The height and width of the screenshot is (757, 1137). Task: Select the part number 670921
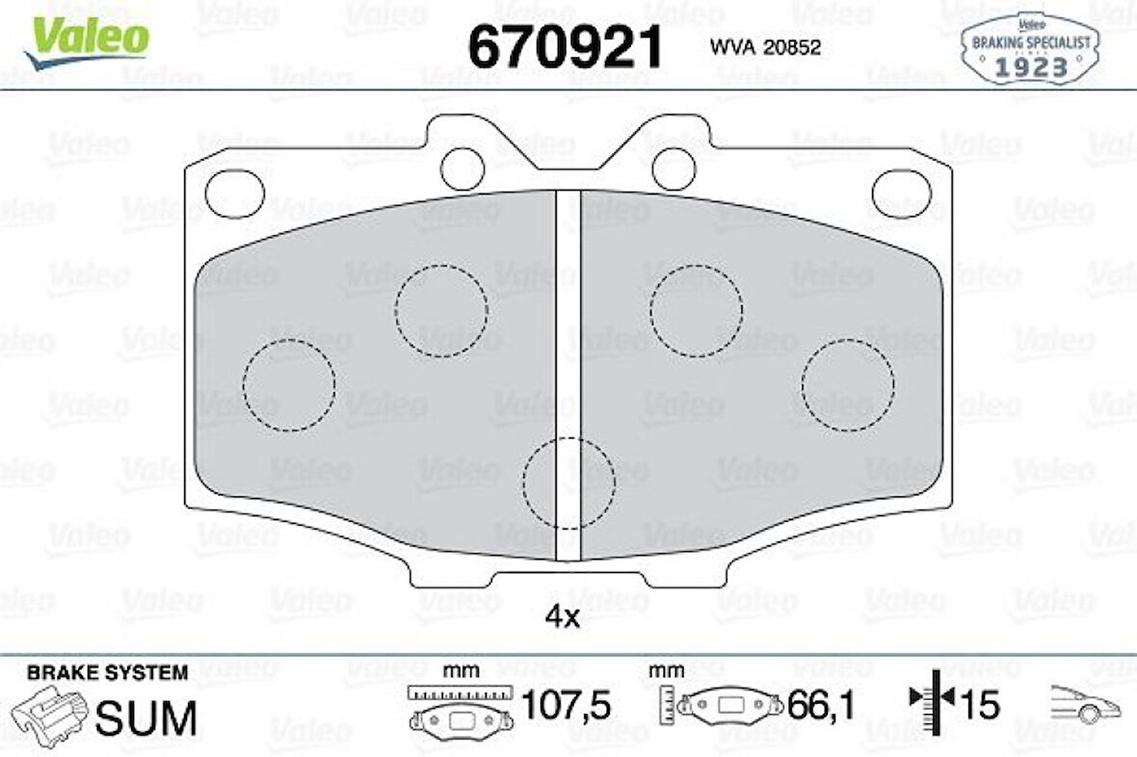tap(566, 45)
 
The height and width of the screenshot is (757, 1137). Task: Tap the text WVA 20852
tap(765, 47)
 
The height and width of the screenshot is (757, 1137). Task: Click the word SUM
tap(147, 718)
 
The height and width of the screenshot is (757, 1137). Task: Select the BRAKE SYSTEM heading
tap(107, 672)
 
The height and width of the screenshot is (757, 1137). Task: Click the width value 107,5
tap(567, 707)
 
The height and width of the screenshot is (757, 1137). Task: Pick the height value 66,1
tap(822, 707)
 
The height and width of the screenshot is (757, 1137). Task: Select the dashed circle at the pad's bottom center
tap(568, 483)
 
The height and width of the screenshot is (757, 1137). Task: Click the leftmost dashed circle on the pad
tap(288, 384)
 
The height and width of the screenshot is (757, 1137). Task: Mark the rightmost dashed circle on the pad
tap(848, 384)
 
